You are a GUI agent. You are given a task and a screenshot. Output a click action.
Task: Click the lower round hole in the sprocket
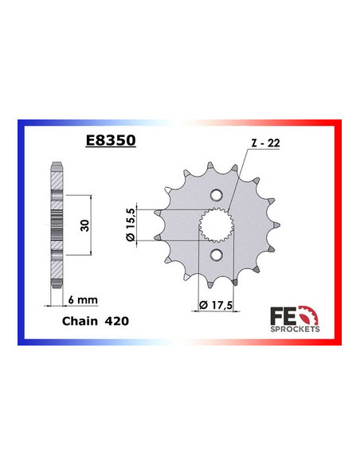(217, 254)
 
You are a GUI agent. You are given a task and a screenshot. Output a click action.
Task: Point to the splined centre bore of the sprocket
(217, 225)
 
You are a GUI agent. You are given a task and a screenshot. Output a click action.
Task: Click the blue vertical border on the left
(20, 231)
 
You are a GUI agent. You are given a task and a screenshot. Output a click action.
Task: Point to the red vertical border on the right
(341, 231)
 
